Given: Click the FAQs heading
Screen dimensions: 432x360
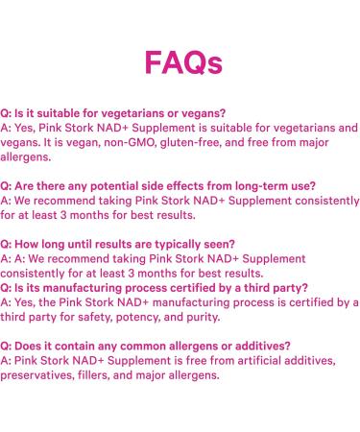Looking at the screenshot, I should [x=182, y=62].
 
